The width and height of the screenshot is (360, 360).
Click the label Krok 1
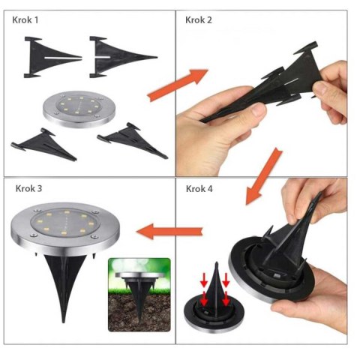click(27, 19)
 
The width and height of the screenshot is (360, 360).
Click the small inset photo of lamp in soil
click(138, 288)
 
